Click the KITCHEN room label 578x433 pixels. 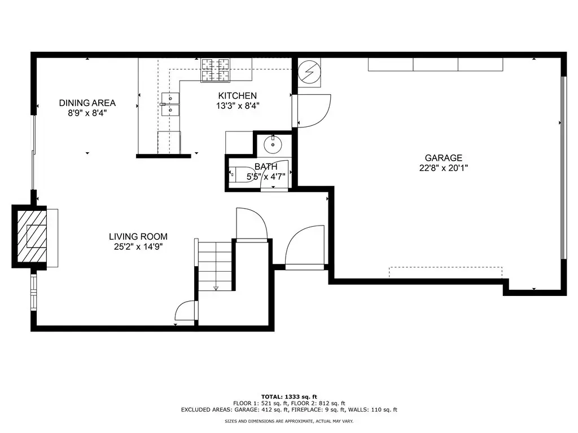click(238, 96)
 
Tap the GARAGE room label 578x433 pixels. click(444, 158)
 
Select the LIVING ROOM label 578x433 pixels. click(138, 237)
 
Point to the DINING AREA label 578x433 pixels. click(87, 103)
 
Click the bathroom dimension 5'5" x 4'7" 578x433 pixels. click(266, 176)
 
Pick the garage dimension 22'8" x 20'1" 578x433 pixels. click(444, 168)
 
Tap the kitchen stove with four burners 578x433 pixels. click(215, 70)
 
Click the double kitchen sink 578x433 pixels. click(170, 104)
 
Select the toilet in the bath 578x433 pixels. click(238, 175)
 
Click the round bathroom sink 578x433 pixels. click(273, 144)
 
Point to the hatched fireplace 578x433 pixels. click(32, 236)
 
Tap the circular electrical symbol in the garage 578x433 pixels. click(309, 72)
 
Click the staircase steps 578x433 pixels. click(215, 265)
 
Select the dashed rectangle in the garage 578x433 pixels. click(445, 272)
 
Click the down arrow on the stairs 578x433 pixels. click(216, 288)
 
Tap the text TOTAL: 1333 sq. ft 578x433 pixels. click(289, 397)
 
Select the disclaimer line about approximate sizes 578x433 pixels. click(289, 421)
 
